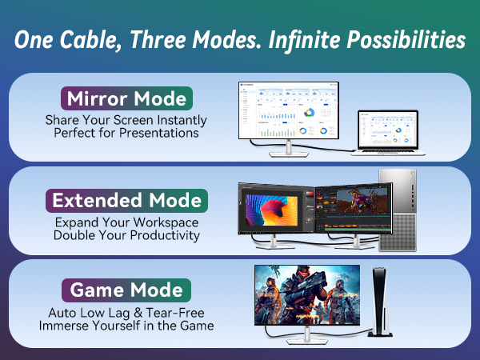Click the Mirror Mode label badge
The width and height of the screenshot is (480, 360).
[x=127, y=100]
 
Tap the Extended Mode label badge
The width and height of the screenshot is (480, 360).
[x=127, y=198]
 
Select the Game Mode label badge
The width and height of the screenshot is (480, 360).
[x=127, y=290]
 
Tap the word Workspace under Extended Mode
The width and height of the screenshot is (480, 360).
[x=167, y=222]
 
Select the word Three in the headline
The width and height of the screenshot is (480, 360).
[x=183, y=40]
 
